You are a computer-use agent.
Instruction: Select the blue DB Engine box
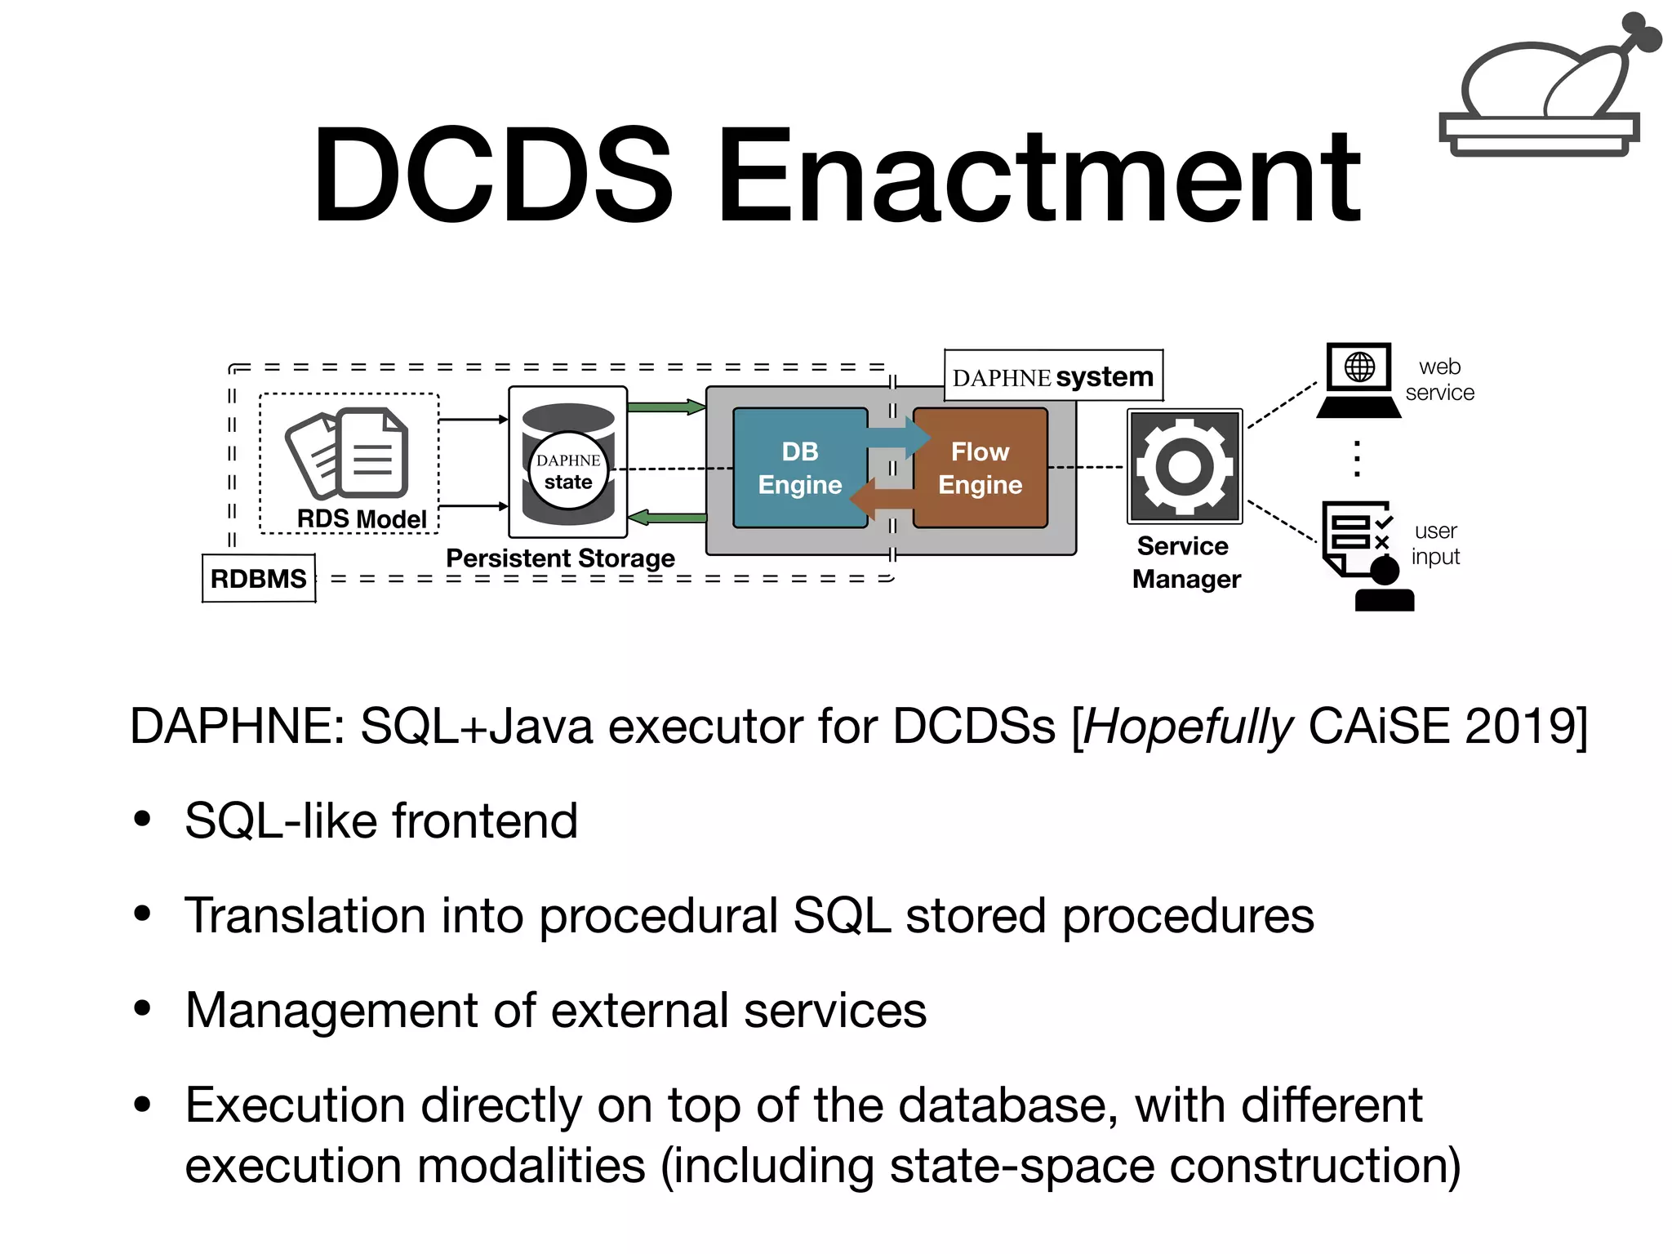(x=799, y=468)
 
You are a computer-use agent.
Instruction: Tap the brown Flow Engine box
(x=981, y=468)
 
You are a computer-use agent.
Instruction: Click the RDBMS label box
(x=259, y=578)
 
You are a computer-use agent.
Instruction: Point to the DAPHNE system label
(x=1053, y=376)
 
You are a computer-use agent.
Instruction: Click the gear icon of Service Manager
(x=1185, y=466)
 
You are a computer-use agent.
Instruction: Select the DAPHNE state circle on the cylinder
(x=568, y=471)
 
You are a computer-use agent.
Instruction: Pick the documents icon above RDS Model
(x=348, y=453)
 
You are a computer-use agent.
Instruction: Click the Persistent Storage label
(x=560, y=558)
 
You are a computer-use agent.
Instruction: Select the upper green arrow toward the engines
(x=666, y=407)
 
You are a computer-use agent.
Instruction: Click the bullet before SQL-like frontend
(x=143, y=819)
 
